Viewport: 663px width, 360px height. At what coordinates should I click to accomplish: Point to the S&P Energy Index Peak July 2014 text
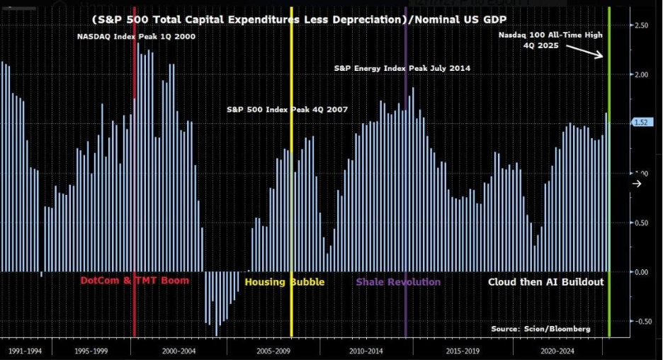tap(402, 68)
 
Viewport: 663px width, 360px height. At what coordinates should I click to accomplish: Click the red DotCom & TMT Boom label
tap(134, 281)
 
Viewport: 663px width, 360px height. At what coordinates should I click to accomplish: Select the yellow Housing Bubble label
tap(284, 282)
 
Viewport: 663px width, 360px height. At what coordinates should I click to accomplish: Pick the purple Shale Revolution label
tap(398, 282)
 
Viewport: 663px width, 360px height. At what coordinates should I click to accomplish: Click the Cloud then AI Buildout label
tap(545, 282)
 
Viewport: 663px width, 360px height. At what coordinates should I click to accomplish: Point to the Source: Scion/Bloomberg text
tap(540, 329)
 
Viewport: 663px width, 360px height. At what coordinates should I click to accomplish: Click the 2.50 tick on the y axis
tap(641, 25)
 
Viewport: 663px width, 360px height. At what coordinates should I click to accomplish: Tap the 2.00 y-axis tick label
tap(641, 74)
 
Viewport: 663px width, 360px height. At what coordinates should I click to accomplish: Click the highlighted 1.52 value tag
tap(640, 123)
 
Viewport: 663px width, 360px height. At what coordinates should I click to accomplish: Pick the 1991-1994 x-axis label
tap(25, 350)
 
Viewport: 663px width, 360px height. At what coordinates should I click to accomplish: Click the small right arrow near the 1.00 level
tap(636, 184)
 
